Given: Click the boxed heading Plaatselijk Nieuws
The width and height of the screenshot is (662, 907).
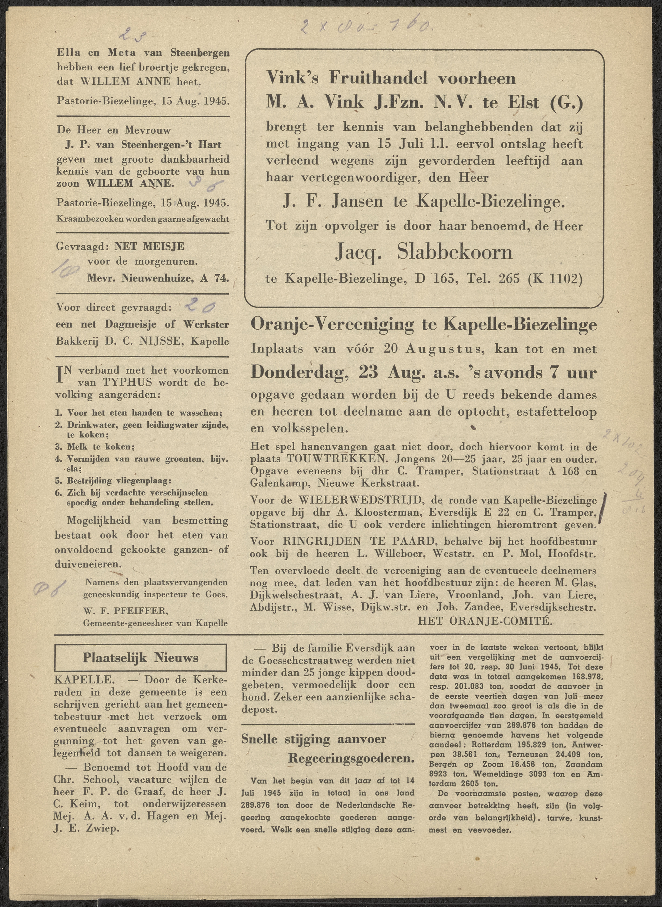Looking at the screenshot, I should pyautogui.click(x=140, y=658).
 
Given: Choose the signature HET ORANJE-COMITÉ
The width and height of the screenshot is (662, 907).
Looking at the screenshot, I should pyautogui.click(x=485, y=621).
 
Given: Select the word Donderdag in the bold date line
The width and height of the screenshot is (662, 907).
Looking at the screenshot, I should pyautogui.click(x=301, y=373).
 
